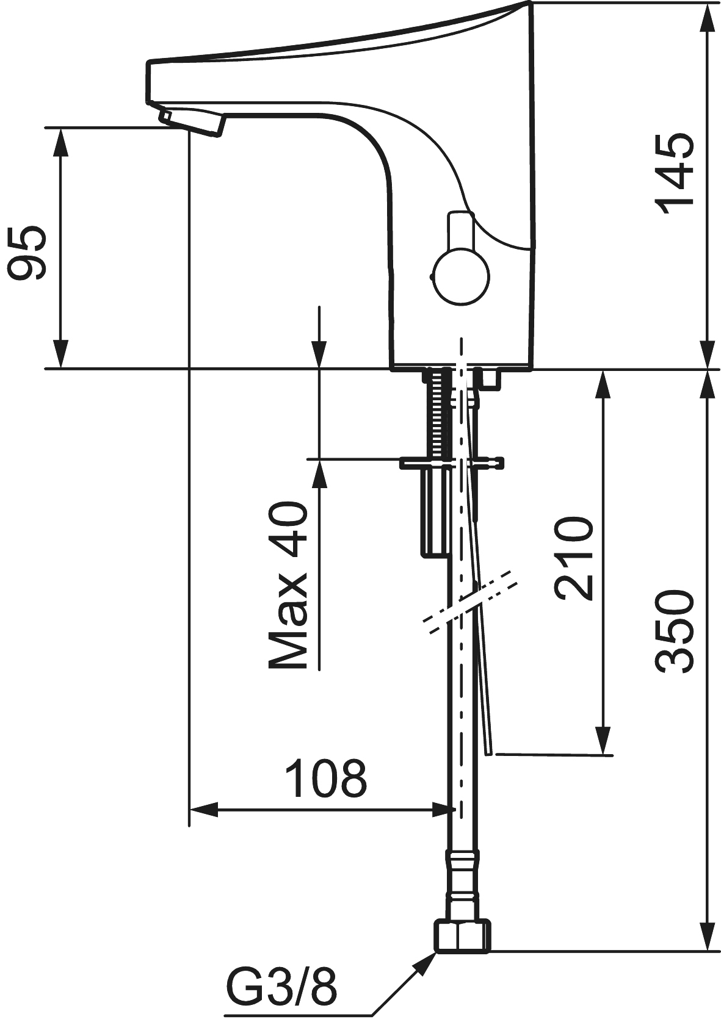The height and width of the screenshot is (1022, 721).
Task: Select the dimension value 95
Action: [27, 253]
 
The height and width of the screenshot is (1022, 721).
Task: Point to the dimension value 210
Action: [573, 558]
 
